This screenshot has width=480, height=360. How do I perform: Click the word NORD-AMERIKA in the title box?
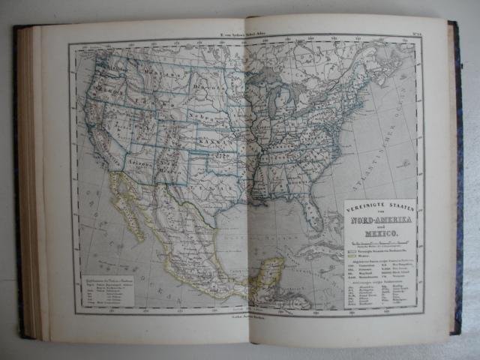[376, 220]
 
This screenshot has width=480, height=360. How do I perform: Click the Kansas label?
[214, 139]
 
